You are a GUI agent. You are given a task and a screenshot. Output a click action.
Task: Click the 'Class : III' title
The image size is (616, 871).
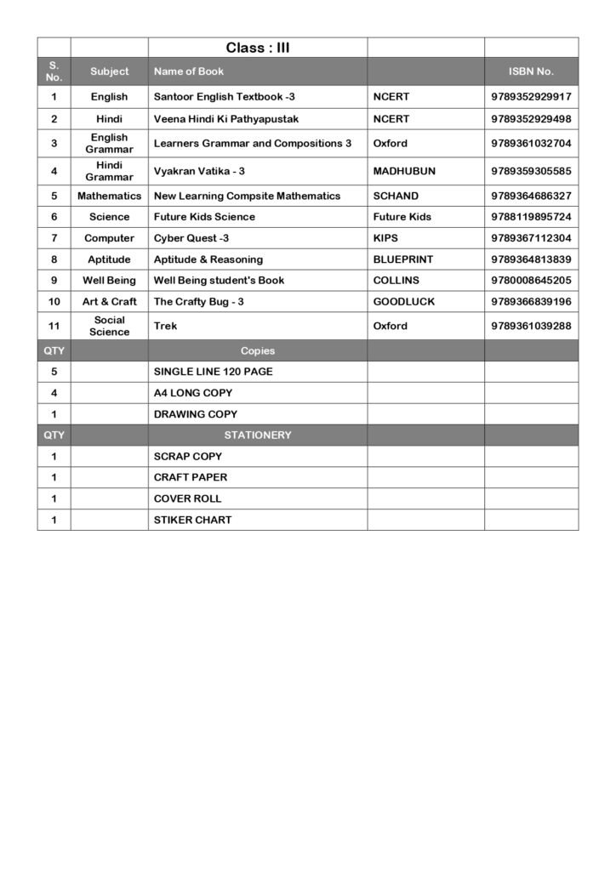(258, 48)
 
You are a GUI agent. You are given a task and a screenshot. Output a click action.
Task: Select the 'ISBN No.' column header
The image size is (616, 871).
(531, 71)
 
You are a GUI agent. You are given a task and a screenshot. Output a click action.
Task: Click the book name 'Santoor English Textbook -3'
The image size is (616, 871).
(224, 97)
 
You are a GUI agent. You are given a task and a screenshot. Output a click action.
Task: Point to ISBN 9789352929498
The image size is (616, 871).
(531, 119)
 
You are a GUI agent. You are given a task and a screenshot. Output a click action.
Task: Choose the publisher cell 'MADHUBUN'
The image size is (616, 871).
(404, 171)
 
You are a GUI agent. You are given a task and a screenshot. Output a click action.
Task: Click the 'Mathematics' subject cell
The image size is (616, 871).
(109, 196)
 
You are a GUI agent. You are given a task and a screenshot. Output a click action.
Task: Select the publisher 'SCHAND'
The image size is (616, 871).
(396, 196)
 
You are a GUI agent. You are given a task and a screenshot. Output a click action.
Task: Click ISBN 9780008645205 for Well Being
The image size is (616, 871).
(531, 280)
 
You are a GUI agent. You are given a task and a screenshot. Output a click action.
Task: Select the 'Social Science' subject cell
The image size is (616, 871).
(109, 326)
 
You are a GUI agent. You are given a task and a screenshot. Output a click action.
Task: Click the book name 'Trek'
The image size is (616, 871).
(166, 326)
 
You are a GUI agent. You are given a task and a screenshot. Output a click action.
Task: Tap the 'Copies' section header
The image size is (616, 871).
(258, 350)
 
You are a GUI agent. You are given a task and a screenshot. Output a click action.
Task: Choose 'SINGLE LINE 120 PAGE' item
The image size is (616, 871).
(213, 372)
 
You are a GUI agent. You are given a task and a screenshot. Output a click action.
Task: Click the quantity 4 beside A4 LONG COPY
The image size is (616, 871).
(54, 393)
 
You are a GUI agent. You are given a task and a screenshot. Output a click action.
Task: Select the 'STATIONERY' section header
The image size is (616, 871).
(258, 435)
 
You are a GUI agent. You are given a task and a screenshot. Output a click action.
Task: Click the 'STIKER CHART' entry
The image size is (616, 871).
(192, 520)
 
